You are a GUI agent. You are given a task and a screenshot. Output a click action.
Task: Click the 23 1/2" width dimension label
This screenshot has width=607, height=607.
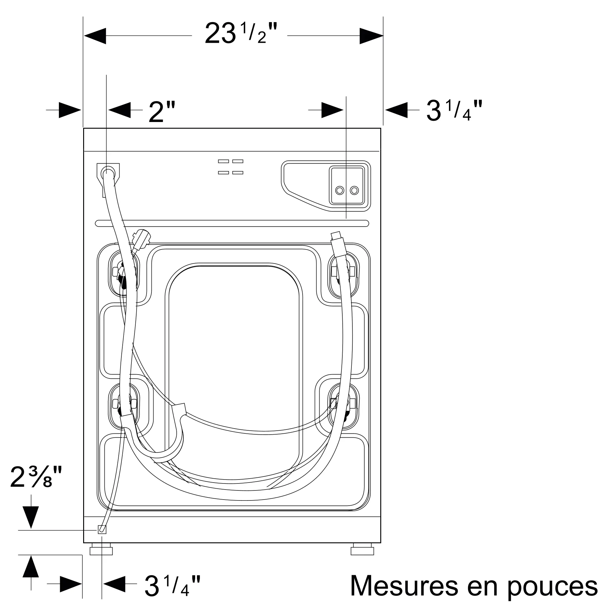(x=241, y=33)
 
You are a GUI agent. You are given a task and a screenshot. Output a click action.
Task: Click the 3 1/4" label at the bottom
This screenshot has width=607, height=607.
(x=172, y=585)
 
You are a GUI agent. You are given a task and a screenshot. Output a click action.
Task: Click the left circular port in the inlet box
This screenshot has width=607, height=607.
(x=340, y=190)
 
